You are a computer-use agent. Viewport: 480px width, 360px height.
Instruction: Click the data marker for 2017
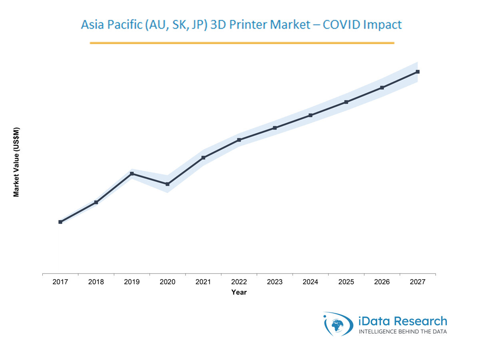[x=60, y=222]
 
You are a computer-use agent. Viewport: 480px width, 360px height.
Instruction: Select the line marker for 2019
[x=132, y=174]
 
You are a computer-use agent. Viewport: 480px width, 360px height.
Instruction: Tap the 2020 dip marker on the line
[x=167, y=184]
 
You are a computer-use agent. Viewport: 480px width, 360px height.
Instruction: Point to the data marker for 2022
[x=239, y=140]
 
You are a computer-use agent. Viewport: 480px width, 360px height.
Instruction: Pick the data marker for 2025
[x=346, y=102]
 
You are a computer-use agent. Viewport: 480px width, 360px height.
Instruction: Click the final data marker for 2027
[x=418, y=72]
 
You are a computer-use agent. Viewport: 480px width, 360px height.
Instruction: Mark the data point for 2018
[x=96, y=202]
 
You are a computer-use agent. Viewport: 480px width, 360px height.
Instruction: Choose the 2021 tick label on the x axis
[x=203, y=282]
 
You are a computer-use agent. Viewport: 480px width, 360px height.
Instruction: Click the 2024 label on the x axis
[x=311, y=282]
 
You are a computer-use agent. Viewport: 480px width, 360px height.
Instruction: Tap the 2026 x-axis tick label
[x=382, y=282]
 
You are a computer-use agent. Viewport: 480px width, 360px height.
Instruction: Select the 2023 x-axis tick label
[x=275, y=282]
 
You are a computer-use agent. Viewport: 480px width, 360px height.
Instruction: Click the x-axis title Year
[x=239, y=292]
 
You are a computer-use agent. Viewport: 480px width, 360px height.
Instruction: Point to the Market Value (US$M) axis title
[x=16, y=162]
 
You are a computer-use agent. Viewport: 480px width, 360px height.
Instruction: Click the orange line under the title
[x=242, y=43]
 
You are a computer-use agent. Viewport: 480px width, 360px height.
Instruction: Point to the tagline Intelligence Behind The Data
[x=402, y=332]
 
